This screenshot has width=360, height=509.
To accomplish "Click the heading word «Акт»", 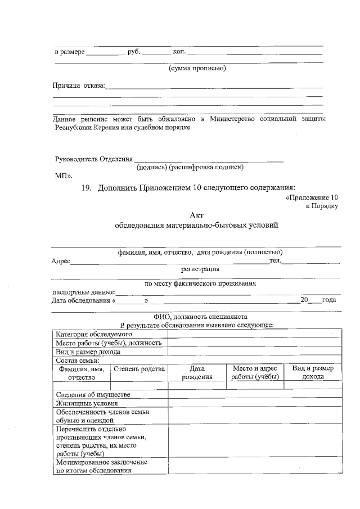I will coord(196,215).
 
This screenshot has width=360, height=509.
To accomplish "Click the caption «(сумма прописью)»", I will coord(197,69).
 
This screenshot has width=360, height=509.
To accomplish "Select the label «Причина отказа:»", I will coord(79,86).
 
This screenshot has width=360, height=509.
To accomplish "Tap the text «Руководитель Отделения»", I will coord(94,159).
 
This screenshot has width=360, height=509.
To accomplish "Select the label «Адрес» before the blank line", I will coord(60,262).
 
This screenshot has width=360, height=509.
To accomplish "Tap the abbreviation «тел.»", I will coord(274,260).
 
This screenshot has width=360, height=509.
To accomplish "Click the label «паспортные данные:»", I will coord(84,292).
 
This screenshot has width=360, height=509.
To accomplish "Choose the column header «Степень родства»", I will coord(139,369).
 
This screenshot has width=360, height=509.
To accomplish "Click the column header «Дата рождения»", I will coord(196,373).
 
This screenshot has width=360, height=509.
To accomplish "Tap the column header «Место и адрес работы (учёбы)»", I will coord(255,373).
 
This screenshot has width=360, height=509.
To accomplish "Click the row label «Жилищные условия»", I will coord(86,403).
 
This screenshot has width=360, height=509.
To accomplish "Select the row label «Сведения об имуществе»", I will coord(92,394).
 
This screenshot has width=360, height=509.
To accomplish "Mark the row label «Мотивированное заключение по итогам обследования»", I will coord(101,466).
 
